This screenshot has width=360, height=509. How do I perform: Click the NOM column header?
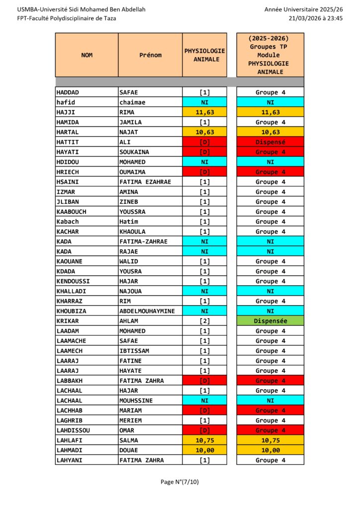tap(87, 55)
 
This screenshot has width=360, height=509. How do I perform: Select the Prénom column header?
tap(150, 55)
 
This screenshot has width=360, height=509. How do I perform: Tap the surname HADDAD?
tap(68, 92)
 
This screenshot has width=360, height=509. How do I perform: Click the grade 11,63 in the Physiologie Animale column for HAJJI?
tap(204, 112)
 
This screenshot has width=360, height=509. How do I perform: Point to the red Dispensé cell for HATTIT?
tap(270, 142)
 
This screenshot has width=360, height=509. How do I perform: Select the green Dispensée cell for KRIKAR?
tap(270, 321)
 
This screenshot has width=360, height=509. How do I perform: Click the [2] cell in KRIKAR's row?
tap(204, 321)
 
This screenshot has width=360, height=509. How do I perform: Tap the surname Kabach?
tap(68, 222)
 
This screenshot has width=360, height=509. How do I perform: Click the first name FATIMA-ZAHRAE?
tap(143, 242)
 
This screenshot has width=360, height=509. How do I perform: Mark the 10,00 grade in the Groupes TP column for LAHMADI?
tap(270, 450)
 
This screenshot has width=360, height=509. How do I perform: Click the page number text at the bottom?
tap(180, 482)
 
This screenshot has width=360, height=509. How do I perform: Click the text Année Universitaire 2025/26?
tap(303, 9)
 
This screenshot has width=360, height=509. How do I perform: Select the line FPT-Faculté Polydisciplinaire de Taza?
tap(67, 18)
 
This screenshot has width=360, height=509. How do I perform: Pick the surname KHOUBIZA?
tap(72, 311)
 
